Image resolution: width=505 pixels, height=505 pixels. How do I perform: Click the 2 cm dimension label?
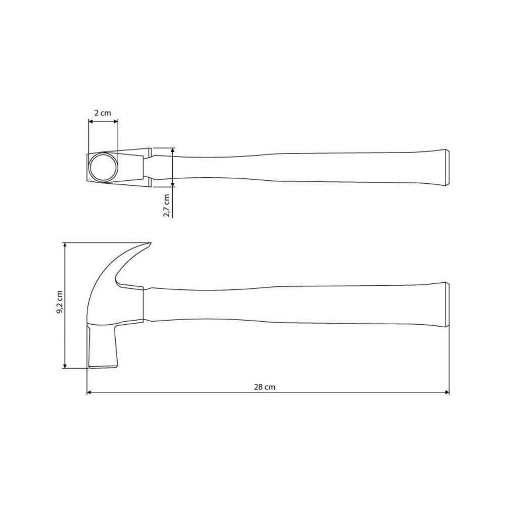point(103,113)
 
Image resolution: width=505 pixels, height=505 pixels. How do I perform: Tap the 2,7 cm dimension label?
point(167,206)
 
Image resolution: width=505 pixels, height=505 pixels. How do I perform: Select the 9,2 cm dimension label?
point(60,302)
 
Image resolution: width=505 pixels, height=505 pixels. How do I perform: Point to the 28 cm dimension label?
point(265,387)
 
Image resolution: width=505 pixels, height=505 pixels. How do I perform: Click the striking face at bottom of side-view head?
point(103,366)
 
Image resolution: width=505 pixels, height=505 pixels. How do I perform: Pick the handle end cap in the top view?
point(447,167)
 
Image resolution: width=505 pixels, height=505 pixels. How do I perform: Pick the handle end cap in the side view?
point(447,305)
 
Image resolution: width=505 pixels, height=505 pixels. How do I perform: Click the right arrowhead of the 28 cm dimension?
point(447,392)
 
